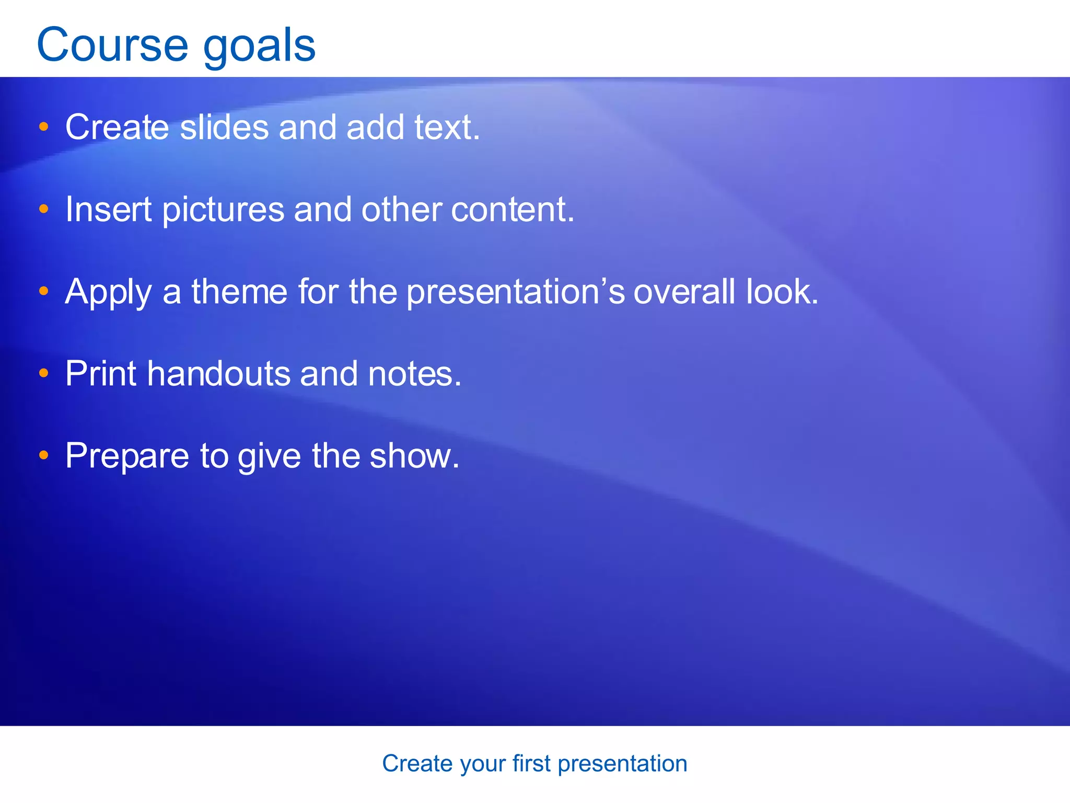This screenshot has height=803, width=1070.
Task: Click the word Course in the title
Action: click(112, 45)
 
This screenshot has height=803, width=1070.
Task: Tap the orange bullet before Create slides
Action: click(44, 127)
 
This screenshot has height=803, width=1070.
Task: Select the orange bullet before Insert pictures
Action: click(44, 209)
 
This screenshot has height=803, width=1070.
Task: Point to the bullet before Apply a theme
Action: click(44, 291)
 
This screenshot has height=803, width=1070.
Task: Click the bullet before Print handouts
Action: click(44, 373)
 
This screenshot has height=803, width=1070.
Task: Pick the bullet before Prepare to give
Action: click(44, 455)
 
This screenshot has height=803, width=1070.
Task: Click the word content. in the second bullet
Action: click(513, 209)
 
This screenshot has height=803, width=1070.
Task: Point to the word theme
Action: click(239, 291)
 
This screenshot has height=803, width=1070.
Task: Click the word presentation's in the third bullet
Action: click(515, 292)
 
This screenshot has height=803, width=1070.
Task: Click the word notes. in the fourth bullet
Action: click(415, 374)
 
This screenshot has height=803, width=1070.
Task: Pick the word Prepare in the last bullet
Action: click(127, 456)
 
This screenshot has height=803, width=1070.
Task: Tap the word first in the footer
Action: click(531, 763)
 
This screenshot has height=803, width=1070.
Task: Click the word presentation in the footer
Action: click(622, 764)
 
